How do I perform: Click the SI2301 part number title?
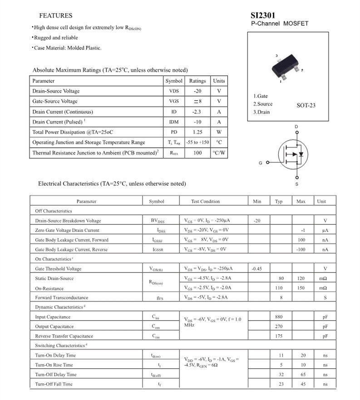pos(263,15)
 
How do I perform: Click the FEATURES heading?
pos(55,15)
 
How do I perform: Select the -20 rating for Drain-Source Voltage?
pos(197,91)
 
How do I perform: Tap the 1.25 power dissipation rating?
pos(197,132)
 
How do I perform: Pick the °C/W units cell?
pos(219,153)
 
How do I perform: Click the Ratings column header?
pos(197,81)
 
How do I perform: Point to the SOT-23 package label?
pos(306,105)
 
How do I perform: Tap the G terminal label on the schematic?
pos(261,162)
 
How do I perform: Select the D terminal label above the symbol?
pos(296,127)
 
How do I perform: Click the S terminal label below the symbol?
pos(297,184)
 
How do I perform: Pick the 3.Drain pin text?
pos(261,112)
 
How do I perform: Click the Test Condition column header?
pos(205,201)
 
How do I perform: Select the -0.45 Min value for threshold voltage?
pos(257,268)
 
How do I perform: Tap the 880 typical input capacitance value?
pos(279,317)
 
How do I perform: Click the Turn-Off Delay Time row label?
pos(56,375)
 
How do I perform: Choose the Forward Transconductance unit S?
pos(325,298)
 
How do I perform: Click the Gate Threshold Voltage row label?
pos(58,268)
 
